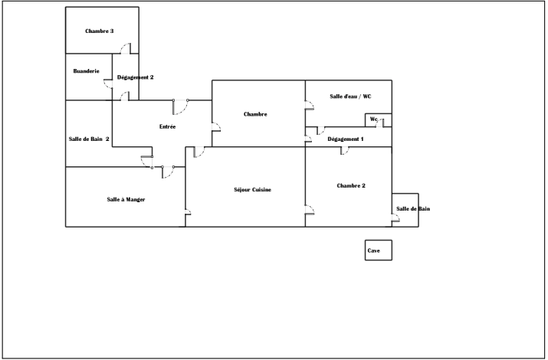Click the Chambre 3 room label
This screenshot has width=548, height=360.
(x=100, y=31)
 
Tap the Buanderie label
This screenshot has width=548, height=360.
(x=87, y=71)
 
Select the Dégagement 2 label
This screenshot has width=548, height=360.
(x=135, y=77)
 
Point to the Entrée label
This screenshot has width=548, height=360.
(x=167, y=126)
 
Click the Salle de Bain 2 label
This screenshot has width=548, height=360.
(x=89, y=139)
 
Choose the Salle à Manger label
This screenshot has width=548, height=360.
(x=126, y=199)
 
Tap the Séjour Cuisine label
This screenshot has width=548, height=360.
(x=252, y=190)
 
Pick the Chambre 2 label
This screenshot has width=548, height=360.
(x=351, y=185)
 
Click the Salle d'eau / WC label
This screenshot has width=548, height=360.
(x=350, y=97)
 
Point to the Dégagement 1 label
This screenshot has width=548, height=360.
(x=346, y=139)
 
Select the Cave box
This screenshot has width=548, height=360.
(x=379, y=250)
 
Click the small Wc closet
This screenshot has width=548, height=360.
(x=379, y=120)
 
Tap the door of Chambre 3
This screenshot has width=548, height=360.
(x=126, y=48)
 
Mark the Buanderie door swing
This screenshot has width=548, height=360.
(x=108, y=83)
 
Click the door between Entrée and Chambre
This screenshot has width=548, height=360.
(x=216, y=127)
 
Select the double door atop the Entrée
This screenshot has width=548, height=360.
(x=180, y=106)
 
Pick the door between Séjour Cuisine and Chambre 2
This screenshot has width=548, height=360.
(x=310, y=210)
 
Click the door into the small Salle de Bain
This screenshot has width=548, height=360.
(x=395, y=218)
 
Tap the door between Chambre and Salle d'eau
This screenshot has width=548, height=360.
(x=310, y=105)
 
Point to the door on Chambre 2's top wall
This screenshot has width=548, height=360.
(x=345, y=150)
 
